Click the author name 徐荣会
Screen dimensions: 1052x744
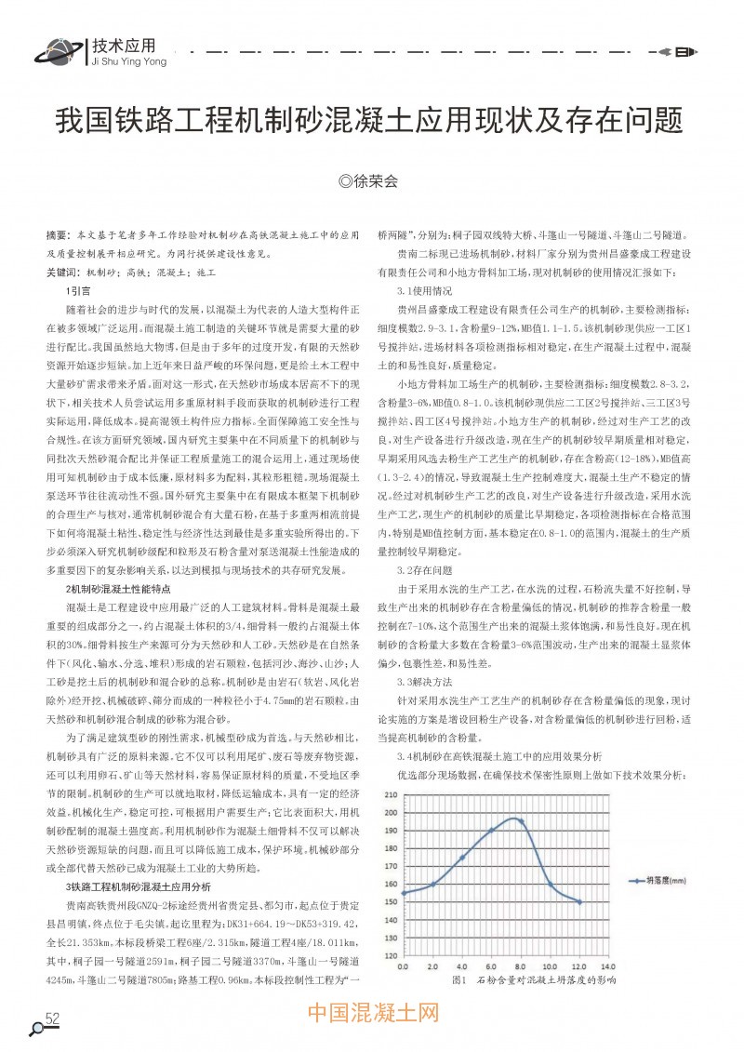click(374, 181)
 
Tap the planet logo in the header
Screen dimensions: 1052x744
click(58, 53)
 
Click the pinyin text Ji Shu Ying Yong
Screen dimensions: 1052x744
click(129, 62)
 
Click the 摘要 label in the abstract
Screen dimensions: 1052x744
click(58, 234)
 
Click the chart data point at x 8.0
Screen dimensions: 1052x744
click(521, 822)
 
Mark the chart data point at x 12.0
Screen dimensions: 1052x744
click(579, 901)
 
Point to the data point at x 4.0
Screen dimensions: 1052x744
click(462, 858)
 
